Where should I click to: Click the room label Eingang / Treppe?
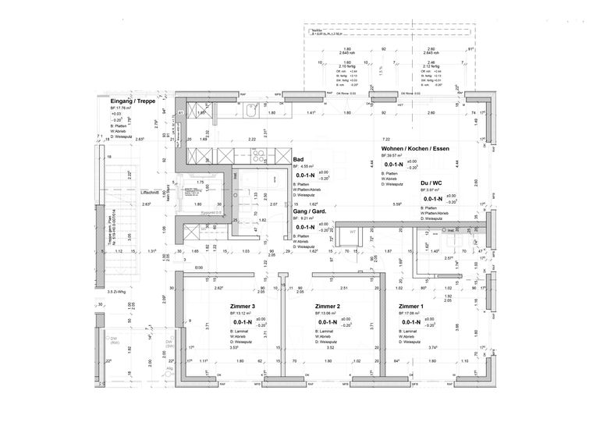click(x=133, y=101)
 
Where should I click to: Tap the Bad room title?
click(x=297, y=158)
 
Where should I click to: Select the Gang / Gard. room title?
click(x=309, y=211)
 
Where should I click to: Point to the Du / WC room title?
click(x=432, y=182)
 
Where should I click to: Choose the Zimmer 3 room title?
click(x=243, y=307)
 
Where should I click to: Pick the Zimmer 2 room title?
click(x=328, y=307)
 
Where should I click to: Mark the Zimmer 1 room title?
click(x=411, y=307)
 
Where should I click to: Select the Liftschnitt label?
click(x=150, y=192)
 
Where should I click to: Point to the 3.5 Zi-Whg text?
click(x=118, y=290)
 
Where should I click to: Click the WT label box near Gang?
click(x=353, y=232)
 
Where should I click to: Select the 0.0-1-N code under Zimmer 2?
click(x=327, y=322)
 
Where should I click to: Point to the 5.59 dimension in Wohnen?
click(x=397, y=205)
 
